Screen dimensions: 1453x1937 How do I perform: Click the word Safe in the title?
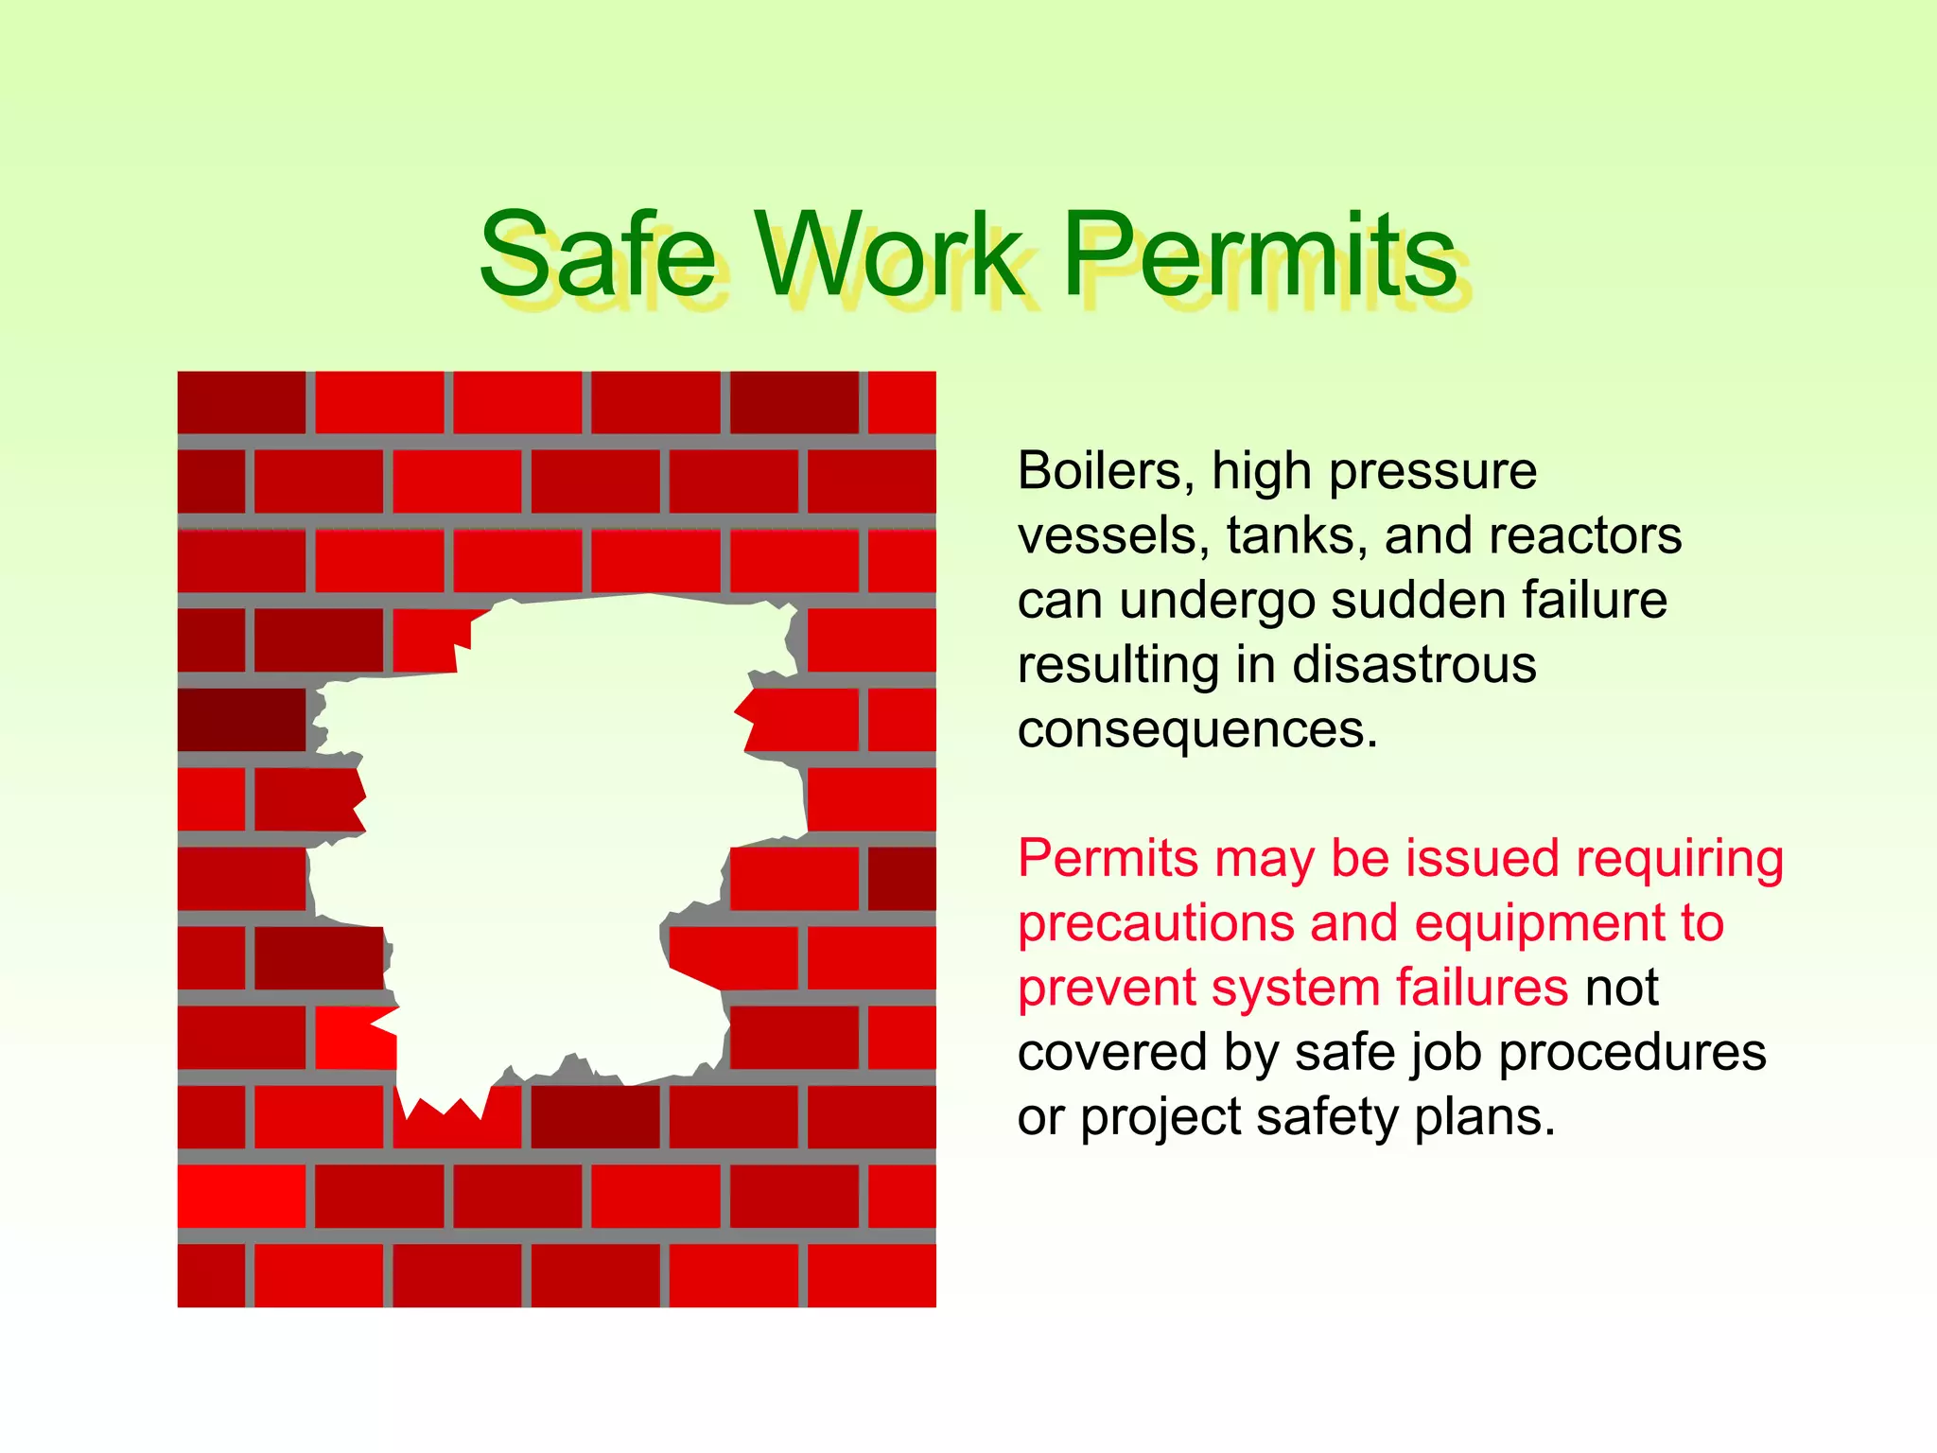[x=598, y=255]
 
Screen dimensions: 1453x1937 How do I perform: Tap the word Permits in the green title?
[x=1260, y=255]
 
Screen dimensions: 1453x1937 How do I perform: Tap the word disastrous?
[x=1414, y=665]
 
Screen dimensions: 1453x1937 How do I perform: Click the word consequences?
[x=1197, y=730]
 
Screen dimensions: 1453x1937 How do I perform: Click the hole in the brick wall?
[x=558, y=832]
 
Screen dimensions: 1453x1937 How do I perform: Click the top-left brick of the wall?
[x=241, y=402]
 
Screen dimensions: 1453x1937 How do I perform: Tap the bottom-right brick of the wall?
[x=871, y=1275]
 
